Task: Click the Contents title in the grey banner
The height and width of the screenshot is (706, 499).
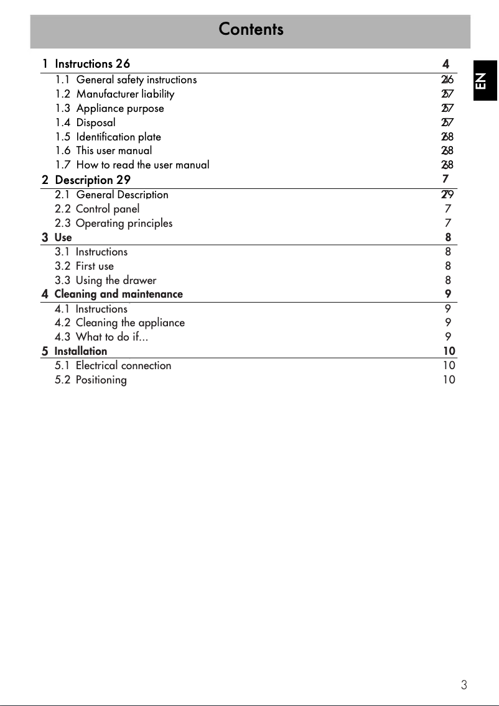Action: pyautogui.click(x=251, y=29)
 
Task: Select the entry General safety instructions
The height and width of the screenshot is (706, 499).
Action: pyautogui.click(x=136, y=80)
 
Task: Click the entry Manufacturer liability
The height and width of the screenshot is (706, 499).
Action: pyautogui.click(x=125, y=94)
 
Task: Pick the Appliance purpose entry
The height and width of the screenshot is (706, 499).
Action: pyautogui.click(x=120, y=108)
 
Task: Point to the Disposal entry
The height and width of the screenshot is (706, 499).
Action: pyautogui.click(x=96, y=122)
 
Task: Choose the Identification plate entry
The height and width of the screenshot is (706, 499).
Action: pyautogui.click(x=118, y=137)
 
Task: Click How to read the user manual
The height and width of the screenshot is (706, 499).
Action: pyautogui.click(x=142, y=165)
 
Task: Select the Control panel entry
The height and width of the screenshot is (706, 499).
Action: pyautogui.click(x=107, y=209)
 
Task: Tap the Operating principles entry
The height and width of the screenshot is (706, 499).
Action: pyautogui.click(x=124, y=223)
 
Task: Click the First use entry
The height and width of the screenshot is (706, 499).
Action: pyautogui.click(x=95, y=266)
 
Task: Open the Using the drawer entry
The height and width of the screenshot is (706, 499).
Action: pyautogui.click(x=116, y=280)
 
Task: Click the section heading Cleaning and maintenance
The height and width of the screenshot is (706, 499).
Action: pyautogui.click(x=118, y=294)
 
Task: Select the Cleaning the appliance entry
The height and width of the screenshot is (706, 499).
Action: pyautogui.click(x=130, y=323)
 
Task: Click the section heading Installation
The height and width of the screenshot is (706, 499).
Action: pyautogui.click(x=80, y=351)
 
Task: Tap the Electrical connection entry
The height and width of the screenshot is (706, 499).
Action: pyautogui.click(x=123, y=365)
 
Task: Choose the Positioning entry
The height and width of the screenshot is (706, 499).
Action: pyautogui.click(x=101, y=380)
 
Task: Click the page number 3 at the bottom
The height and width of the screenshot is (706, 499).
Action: pyautogui.click(x=464, y=685)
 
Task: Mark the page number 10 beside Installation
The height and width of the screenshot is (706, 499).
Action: pyautogui.click(x=449, y=351)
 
